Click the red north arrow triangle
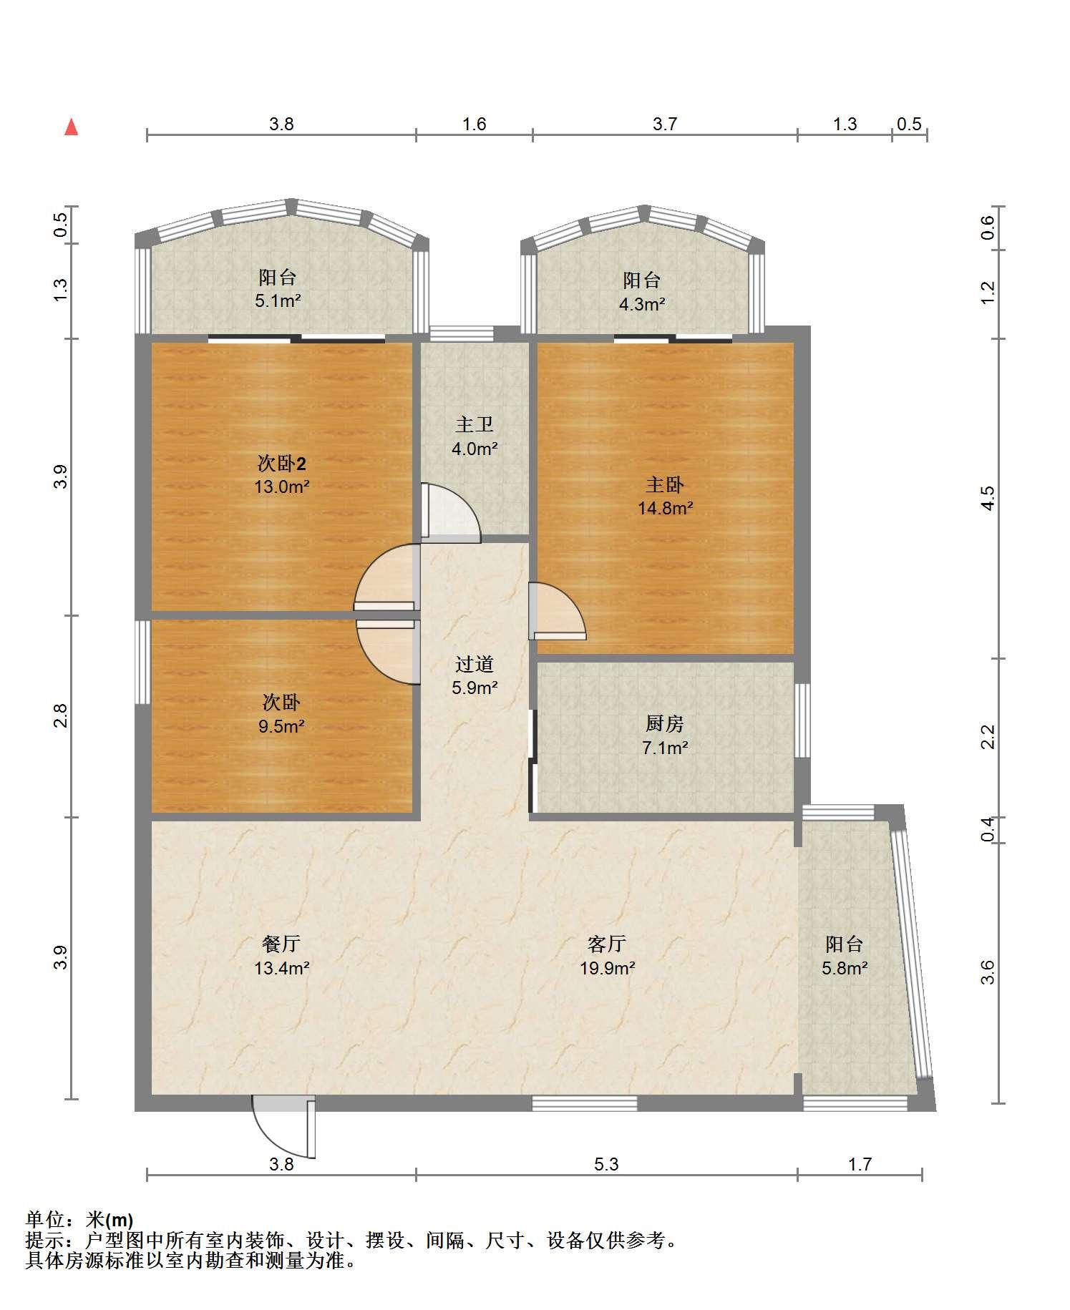click(x=72, y=127)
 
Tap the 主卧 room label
click(x=665, y=485)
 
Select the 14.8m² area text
click(x=665, y=509)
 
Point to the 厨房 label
click(x=665, y=724)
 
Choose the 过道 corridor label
click(x=475, y=665)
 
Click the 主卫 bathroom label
click(x=475, y=425)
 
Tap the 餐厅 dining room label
click(x=281, y=944)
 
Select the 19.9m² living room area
click(x=607, y=968)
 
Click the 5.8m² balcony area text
click(x=845, y=968)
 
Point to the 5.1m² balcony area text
click(x=278, y=301)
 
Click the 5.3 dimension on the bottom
click(x=606, y=1164)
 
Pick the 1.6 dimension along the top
click(x=474, y=124)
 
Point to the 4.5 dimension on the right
click(x=988, y=498)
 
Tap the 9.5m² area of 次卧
click(x=281, y=727)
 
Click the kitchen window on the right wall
click(x=803, y=720)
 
